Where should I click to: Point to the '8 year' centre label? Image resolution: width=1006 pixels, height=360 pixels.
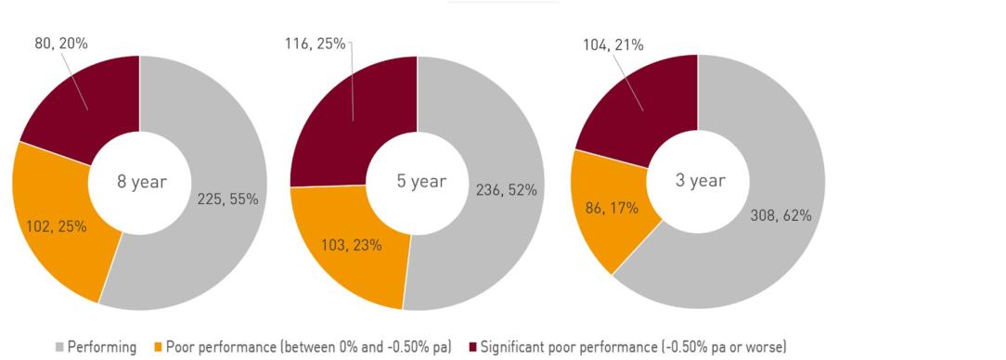pyautogui.click(x=141, y=182)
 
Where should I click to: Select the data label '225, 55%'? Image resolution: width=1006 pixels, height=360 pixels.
pyautogui.click(x=226, y=198)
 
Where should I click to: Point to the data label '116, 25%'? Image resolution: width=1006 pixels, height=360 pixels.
pyautogui.click(x=315, y=43)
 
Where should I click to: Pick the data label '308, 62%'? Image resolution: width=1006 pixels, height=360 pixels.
pyautogui.click(x=780, y=215)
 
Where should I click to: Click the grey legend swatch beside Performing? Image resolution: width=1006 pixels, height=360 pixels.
pyautogui.click(x=58, y=347)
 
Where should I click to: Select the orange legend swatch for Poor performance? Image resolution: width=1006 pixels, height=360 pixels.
pyautogui.click(x=158, y=347)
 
